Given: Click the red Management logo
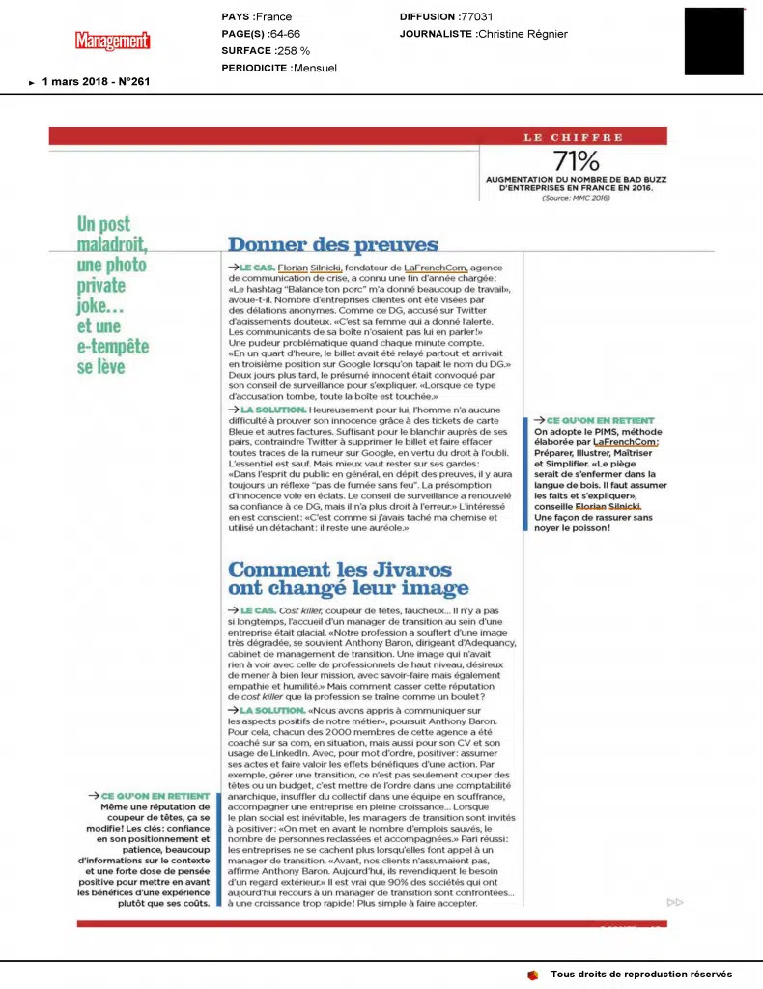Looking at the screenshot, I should point(113,41).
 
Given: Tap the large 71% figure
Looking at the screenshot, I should point(576,161).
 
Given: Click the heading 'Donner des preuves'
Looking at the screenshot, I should point(333,245).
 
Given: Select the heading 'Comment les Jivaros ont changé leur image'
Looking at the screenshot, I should point(349,578).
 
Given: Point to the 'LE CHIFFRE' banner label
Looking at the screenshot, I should point(574,137).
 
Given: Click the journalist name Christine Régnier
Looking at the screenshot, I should point(523,34).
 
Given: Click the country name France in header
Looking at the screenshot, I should point(274,17).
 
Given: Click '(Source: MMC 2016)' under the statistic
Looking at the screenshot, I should point(576,196).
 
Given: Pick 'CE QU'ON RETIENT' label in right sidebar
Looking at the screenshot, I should point(600,421).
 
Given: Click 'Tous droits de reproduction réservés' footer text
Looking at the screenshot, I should point(641,974).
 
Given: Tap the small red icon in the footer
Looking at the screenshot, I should point(532,974).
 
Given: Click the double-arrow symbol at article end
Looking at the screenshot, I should point(675,902).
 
